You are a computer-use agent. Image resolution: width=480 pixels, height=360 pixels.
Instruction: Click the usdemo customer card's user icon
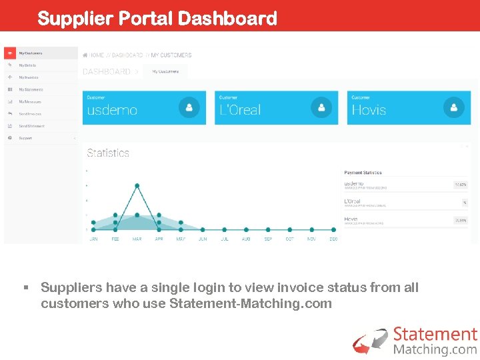coord(189,107)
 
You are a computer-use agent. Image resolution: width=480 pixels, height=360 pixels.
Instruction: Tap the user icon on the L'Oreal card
coord(321,107)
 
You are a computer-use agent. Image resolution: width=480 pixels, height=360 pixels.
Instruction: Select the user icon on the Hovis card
coord(453,107)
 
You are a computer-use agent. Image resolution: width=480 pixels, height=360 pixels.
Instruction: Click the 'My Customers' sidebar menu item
coord(31,53)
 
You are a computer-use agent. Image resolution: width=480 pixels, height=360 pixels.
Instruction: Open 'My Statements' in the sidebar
coord(31,89)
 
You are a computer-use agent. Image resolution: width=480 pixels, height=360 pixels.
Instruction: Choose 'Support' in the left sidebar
coord(25,138)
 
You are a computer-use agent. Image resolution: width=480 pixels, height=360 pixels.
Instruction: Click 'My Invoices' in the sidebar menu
coord(29,77)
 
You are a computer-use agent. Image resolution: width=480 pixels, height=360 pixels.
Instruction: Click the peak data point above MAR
coord(137,185)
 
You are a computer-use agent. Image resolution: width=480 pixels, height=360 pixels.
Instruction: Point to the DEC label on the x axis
coord(333,239)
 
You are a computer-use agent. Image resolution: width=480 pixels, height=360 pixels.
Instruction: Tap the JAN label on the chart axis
coord(93,239)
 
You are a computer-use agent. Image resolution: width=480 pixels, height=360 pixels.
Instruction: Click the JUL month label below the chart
coord(224,239)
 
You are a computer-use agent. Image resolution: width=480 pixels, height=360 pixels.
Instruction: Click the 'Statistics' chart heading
coord(108,153)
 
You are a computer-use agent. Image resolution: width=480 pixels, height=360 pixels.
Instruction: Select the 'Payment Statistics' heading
coord(363,173)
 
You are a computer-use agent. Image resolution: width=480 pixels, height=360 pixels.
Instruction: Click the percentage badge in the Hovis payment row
coord(460,220)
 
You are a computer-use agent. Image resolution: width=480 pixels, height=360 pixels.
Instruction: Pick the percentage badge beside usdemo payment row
coord(460,185)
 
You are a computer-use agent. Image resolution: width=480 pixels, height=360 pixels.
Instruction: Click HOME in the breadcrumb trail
coord(97,55)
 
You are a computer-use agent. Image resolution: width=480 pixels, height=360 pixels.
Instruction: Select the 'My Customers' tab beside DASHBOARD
coord(165,71)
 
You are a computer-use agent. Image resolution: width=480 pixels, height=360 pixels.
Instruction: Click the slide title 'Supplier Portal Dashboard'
coord(157,18)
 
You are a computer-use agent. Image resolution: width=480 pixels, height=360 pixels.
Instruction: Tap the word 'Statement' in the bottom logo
coord(435,335)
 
